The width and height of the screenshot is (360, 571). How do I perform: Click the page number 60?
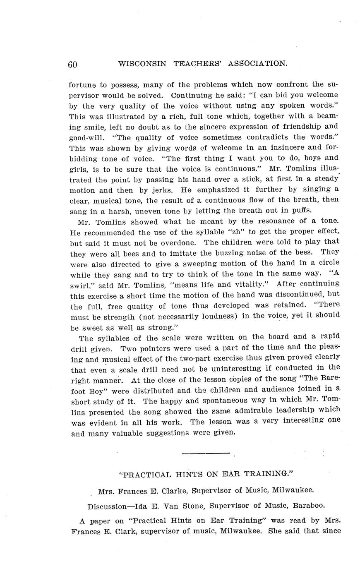[x=73, y=65]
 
